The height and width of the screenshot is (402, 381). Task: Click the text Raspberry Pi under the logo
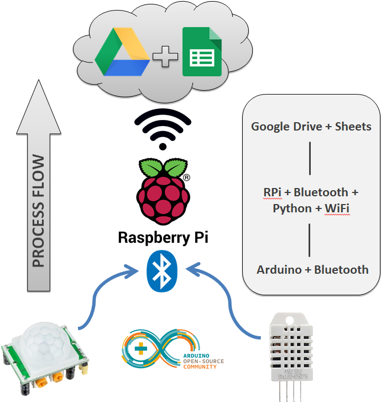click(x=163, y=238)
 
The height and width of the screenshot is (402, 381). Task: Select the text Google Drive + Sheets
click(x=311, y=127)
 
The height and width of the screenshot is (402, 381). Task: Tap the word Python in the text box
click(x=292, y=208)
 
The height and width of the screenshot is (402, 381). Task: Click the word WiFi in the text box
click(x=337, y=208)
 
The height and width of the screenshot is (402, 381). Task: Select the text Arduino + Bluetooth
click(x=312, y=270)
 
